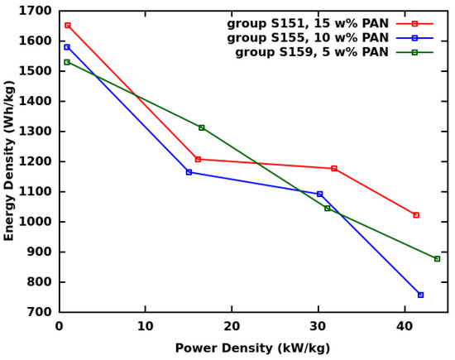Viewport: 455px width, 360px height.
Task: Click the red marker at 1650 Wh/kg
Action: pos(68,26)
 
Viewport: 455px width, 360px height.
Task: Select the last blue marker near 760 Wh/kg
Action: pos(420,295)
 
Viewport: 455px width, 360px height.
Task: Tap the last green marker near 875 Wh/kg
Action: pos(437,259)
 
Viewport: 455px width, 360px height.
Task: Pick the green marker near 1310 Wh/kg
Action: pos(201,127)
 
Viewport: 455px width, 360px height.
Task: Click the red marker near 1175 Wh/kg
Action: pos(334,169)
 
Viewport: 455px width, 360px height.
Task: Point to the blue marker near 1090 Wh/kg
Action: pos(320,194)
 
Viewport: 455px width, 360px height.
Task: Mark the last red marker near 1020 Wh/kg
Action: pos(416,215)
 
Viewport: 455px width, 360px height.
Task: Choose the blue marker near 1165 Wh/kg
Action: pos(189,172)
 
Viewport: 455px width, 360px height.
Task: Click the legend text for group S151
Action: pos(308,24)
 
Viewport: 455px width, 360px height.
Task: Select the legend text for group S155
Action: pos(308,38)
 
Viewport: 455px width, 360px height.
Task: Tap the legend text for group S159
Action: pos(312,52)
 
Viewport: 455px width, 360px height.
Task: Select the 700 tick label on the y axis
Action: pos(41,312)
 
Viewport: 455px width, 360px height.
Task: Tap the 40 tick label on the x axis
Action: pos(405,327)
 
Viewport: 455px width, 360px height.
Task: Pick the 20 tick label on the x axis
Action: pos(232,327)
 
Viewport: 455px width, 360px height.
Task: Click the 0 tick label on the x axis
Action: pos(60,327)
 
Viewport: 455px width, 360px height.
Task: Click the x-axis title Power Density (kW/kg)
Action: pos(252,348)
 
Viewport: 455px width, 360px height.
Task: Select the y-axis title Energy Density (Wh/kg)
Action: pos(10,161)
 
